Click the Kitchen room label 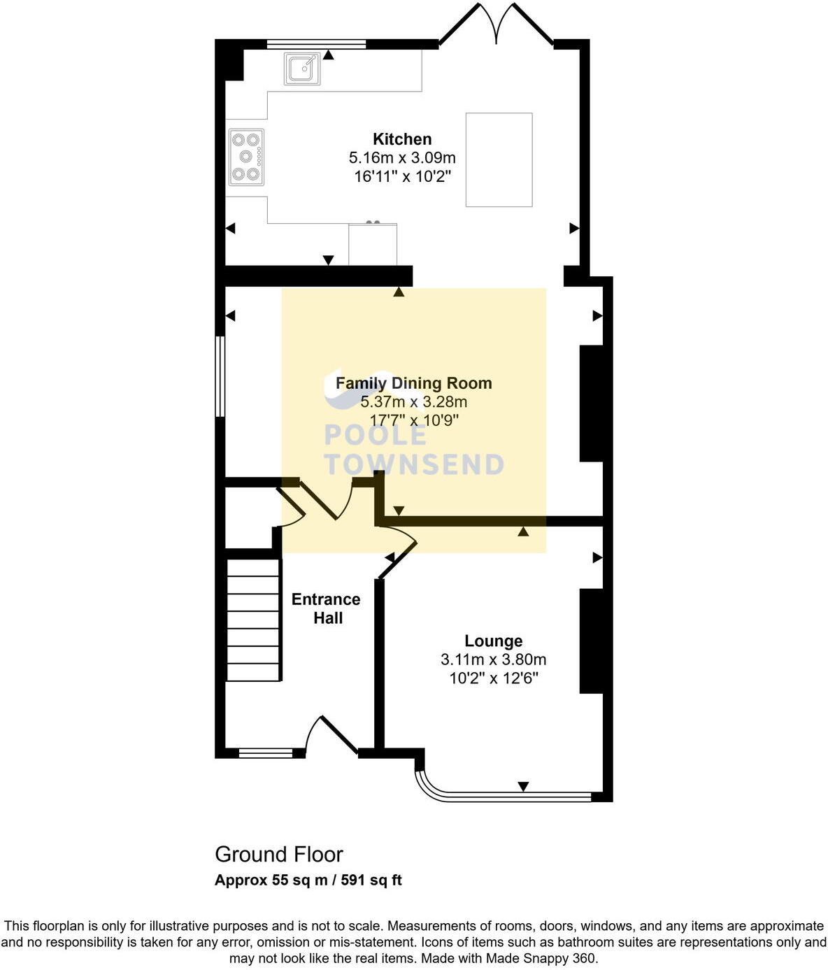point(402,138)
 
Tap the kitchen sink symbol point(302,69)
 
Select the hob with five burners point(246,157)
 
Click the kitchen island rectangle point(499,159)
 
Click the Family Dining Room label point(413,383)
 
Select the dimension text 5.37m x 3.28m point(413,402)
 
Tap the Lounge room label point(493,641)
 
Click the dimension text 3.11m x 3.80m point(493,659)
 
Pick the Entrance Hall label point(326,608)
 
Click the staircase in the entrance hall point(253,619)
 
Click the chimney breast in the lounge point(592,641)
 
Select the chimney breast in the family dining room point(592,404)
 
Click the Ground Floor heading point(278,854)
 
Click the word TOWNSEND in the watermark point(413,464)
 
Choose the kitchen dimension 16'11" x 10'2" point(402,176)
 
